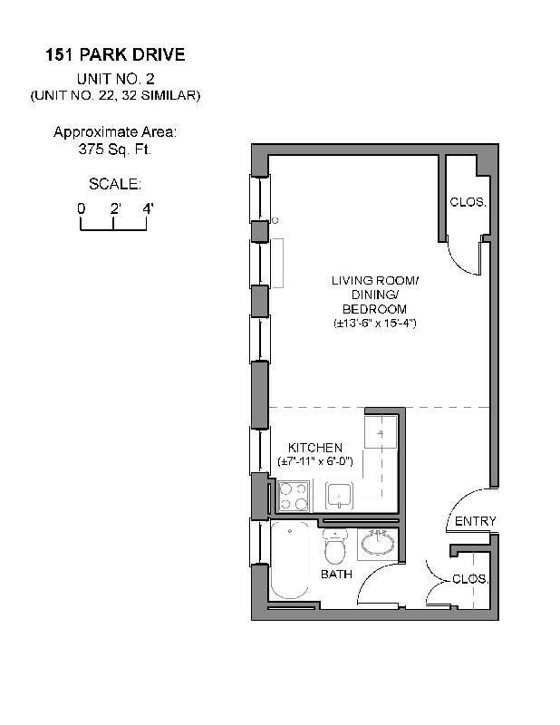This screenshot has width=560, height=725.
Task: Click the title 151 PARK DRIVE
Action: pos(115,55)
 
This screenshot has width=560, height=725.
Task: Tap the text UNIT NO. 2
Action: pos(115,79)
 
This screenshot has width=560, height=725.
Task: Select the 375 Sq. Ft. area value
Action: pos(115,150)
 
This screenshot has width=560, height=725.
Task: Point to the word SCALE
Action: pos(114,184)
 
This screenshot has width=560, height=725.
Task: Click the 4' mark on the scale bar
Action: pos(147,208)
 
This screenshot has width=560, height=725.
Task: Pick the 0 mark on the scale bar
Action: pos(81,208)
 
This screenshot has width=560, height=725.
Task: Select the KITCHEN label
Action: pos(314,448)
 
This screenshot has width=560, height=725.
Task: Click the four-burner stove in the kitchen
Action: pos(294,497)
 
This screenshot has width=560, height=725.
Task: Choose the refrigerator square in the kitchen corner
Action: pos(381,431)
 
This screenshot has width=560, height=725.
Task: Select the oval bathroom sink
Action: pos(376,545)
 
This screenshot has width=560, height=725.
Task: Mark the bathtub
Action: pos(292,562)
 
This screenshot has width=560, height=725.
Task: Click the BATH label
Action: pos(335,575)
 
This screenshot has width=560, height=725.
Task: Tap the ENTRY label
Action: pos(475,521)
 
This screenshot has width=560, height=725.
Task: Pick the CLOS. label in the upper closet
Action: pos(468,202)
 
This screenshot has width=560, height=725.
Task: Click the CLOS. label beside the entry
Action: pos(470,578)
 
